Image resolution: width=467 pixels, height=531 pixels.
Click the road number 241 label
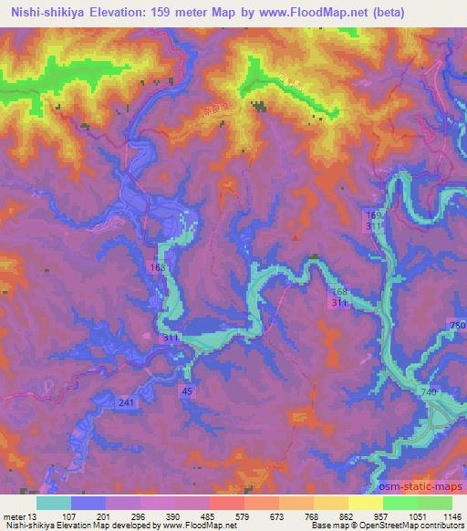[126, 402]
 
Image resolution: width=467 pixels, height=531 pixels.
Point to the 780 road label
[457, 326]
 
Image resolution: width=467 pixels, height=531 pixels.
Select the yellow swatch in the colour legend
[366, 503]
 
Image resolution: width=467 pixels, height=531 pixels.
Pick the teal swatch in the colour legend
[53, 503]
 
